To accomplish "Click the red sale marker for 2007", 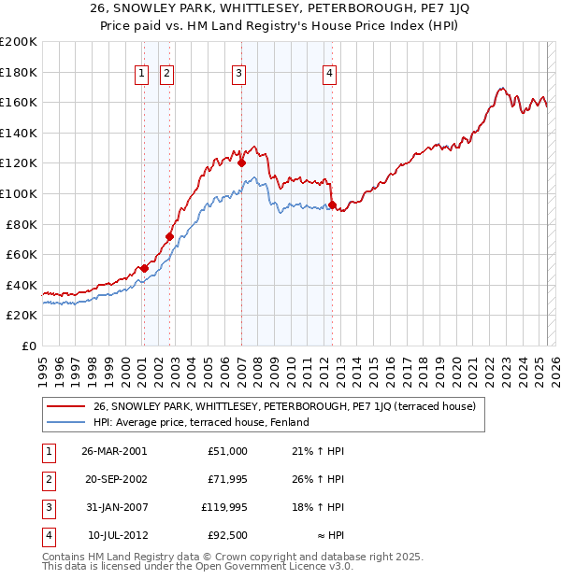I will tap(241, 162).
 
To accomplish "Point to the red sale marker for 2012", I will tap(332, 205).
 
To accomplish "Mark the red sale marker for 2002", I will tap(169, 236).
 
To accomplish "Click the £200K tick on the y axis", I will tap(19, 42).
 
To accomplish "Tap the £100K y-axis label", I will tap(19, 193).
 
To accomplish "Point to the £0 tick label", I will tap(28, 346).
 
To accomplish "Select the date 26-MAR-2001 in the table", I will tap(114, 451).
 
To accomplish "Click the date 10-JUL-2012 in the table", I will tap(114, 538).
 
